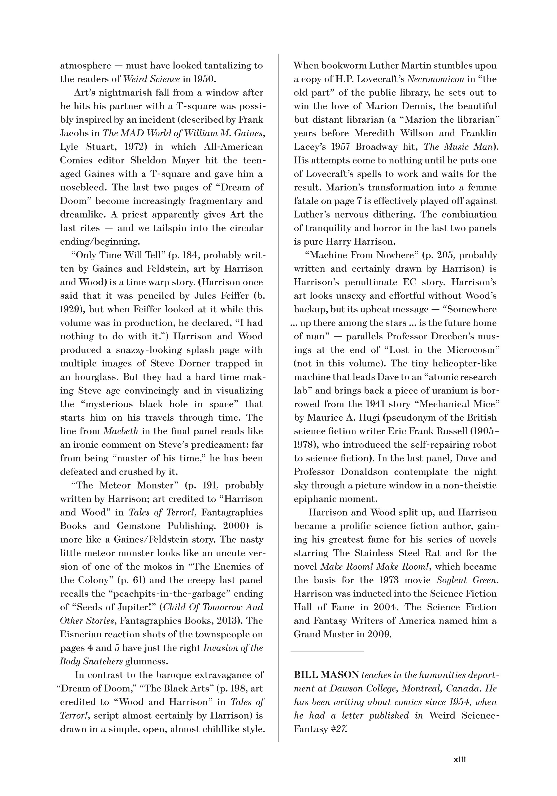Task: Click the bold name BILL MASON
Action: pos(326,675)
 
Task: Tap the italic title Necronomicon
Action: pos(435,79)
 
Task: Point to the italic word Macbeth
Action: pos(121,431)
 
